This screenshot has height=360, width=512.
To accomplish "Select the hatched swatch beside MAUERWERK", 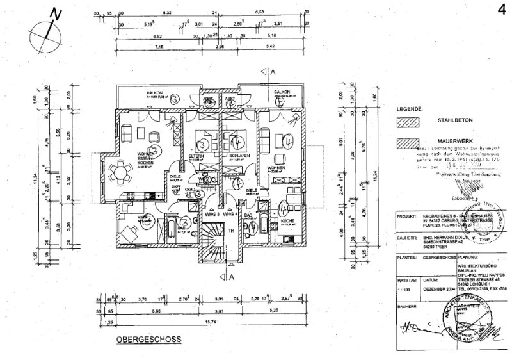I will (x=407, y=144).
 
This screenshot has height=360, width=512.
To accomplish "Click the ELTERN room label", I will (x=196, y=156).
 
